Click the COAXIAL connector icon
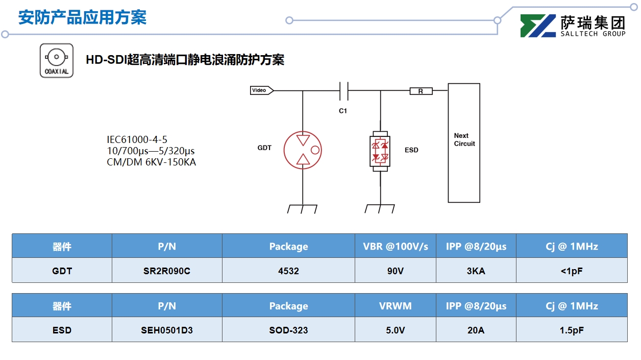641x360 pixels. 57,60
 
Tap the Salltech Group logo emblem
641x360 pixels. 538,26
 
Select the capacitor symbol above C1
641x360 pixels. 343,91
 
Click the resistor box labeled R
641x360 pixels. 421,91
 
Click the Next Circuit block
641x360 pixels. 464,142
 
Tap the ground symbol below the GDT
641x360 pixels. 303,209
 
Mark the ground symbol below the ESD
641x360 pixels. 380,209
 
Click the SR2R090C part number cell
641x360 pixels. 167,271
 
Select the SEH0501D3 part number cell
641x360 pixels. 167,330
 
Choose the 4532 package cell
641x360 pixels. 288,271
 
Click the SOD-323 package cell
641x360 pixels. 288,330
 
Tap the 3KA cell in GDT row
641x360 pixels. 476,271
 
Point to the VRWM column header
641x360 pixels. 395,306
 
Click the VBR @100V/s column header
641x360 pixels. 395,246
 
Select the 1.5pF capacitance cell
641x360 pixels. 572,330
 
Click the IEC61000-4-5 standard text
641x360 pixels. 137,139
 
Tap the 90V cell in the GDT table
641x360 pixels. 395,271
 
